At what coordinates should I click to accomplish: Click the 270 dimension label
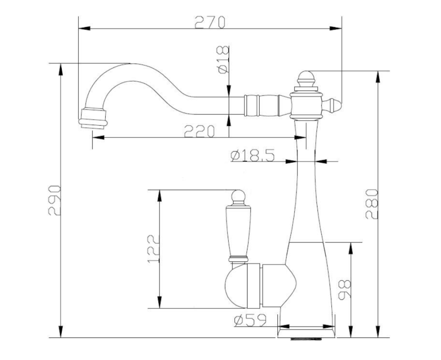(210, 22)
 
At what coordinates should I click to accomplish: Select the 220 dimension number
(199, 131)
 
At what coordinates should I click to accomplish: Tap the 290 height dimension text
(54, 200)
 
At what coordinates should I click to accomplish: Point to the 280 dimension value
(372, 204)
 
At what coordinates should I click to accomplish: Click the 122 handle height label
(153, 249)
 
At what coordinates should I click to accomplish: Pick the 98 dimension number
(345, 289)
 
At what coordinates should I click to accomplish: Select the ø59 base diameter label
(250, 321)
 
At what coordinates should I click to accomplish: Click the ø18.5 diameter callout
(252, 155)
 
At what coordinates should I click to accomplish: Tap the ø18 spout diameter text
(223, 60)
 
